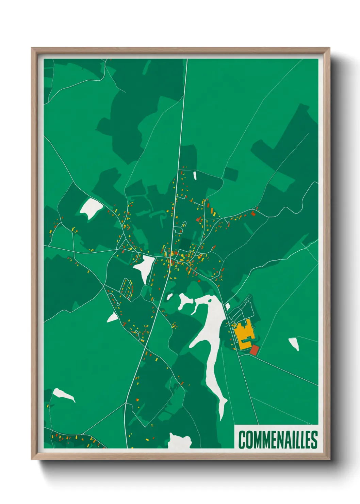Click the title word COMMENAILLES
[278, 439]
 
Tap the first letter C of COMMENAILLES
[242, 439]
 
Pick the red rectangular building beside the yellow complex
[255, 349]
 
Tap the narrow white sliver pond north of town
[195, 175]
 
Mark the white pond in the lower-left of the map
[63, 394]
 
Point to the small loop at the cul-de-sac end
[118, 304]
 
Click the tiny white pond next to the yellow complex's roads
[228, 306]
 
